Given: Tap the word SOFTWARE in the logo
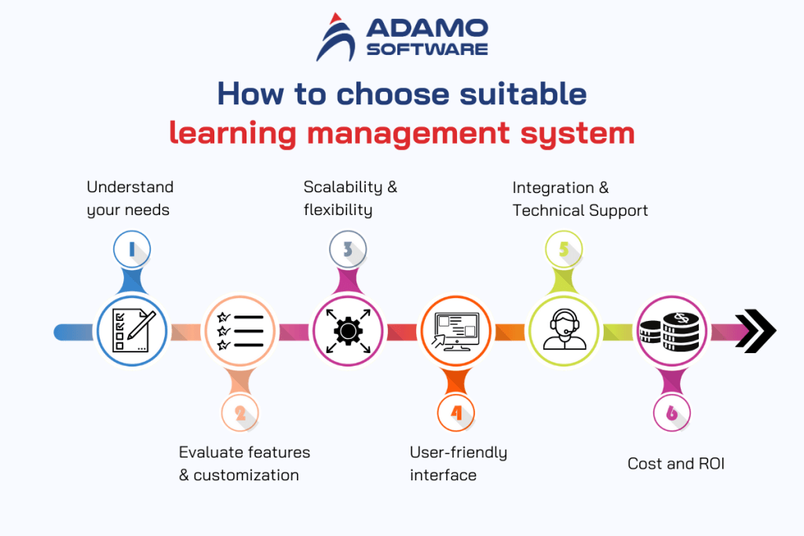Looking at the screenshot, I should tap(426, 49).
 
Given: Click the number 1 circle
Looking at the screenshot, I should tap(131, 250).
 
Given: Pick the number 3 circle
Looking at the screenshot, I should tap(348, 250).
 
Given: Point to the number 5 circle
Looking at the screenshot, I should tap(564, 250).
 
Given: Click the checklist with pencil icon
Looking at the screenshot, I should tap(132, 331).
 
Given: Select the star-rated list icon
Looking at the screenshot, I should tap(239, 331).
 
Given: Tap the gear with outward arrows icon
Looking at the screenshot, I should tap(348, 331).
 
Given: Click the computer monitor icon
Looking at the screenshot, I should tap(456, 331).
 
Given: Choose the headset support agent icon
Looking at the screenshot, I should tap(564, 331).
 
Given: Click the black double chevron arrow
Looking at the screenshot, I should tap(755, 331).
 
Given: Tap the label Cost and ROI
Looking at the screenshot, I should tap(675, 464).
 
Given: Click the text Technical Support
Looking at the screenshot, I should tap(580, 210).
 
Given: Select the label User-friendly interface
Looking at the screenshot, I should tap(458, 464).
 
